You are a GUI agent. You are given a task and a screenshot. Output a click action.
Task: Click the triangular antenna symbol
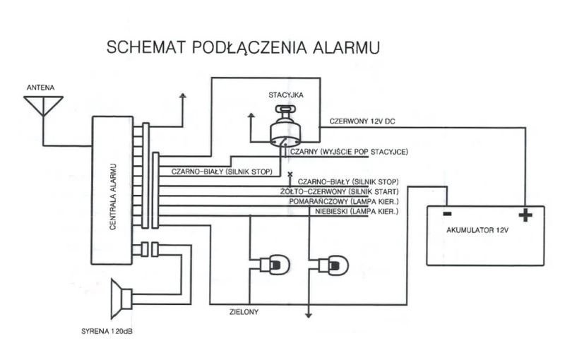click(42, 104)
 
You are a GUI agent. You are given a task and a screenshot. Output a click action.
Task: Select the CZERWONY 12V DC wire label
click(362, 121)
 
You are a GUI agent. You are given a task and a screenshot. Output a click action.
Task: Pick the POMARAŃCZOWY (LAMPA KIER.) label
click(343, 201)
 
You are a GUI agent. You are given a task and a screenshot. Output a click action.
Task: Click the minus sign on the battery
click(446, 214)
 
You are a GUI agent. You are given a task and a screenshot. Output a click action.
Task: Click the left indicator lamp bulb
click(275, 265)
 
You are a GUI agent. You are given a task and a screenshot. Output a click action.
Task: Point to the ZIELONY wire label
click(245, 311)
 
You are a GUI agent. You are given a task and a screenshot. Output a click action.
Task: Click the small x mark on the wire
click(290, 174)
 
